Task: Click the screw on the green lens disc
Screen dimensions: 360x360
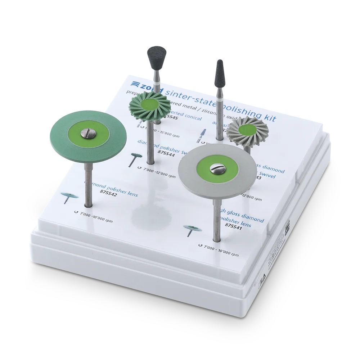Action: point(89,134)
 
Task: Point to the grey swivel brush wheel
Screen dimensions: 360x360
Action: point(247,131)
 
